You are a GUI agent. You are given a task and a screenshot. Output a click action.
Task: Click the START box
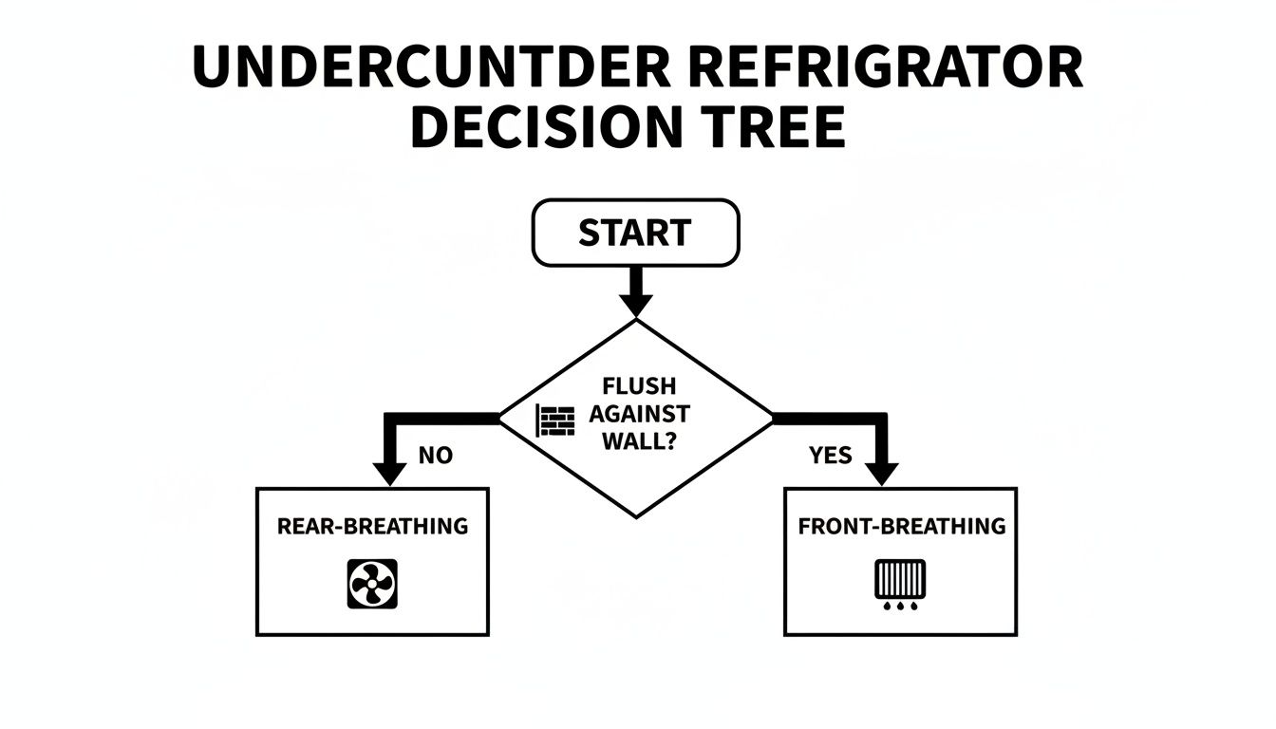click(635, 233)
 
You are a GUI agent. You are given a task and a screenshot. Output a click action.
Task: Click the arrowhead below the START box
click(635, 304)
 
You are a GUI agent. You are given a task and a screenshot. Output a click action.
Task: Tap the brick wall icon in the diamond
click(556, 420)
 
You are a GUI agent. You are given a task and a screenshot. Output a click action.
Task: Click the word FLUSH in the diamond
click(639, 387)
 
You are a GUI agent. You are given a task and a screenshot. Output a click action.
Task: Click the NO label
click(436, 456)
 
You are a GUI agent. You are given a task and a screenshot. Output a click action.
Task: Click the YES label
click(831, 456)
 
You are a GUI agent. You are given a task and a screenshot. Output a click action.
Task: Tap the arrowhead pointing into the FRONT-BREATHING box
click(882, 472)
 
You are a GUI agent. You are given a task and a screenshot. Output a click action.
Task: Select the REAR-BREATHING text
click(372, 526)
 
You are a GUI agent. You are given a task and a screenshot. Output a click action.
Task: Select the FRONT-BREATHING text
click(901, 526)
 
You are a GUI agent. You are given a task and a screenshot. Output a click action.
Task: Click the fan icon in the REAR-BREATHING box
click(373, 583)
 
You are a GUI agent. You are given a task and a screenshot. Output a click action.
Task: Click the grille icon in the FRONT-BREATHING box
click(899, 579)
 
